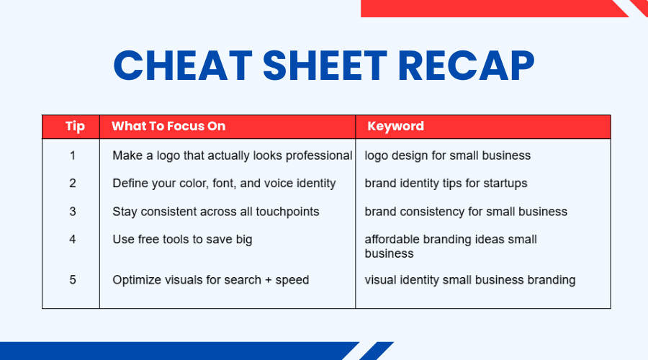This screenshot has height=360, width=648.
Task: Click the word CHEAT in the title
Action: click(183, 66)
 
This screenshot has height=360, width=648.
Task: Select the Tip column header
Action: click(75, 126)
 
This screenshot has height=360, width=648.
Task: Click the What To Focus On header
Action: click(168, 126)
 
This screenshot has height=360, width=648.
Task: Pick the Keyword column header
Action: click(395, 126)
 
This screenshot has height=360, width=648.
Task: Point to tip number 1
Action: click(73, 156)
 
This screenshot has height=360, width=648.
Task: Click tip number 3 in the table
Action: click(73, 212)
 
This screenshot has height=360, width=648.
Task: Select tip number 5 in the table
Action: click(73, 280)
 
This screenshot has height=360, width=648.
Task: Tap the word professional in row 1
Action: click(319, 156)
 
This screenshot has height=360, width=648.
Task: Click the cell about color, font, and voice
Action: click(224, 184)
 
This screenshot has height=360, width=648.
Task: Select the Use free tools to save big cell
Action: click(182, 239)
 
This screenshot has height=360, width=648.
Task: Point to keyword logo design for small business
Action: click(448, 156)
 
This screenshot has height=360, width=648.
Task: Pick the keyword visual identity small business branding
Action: click(470, 280)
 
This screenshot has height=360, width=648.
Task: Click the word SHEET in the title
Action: click(325, 66)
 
